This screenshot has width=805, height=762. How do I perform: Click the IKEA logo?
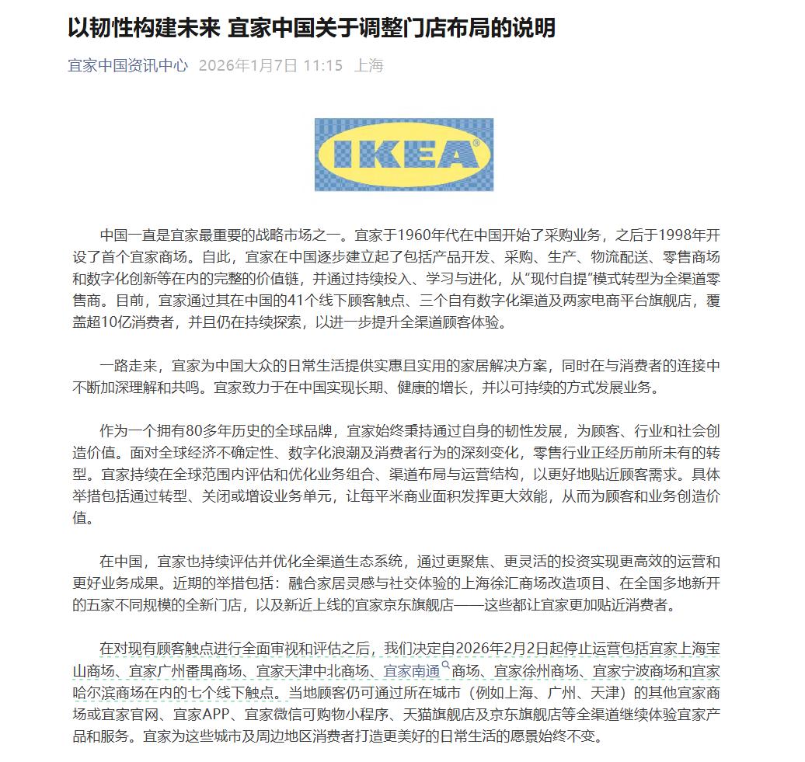click(x=403, y=155)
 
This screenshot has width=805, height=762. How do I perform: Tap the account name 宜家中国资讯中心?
click(x=127, y=66)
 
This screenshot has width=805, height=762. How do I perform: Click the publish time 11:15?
click(x=323, y=66)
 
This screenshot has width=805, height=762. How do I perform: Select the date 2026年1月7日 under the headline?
click(x=248, y=66)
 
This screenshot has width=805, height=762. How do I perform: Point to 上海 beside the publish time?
click(x=369, y=66)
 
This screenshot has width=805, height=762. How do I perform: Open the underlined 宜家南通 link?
click(x=412, y=670)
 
